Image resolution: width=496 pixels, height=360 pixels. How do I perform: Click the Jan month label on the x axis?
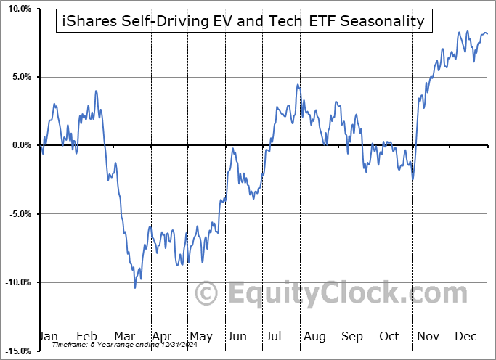click(x=47, y=337)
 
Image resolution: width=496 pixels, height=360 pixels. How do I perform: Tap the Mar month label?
click(x=125, y=337)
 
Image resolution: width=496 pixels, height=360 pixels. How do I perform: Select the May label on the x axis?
click(x=201, y=337)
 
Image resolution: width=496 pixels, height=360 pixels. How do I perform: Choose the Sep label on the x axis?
click(x=352, y=337)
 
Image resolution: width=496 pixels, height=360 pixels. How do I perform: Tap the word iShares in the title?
click(x=86, y=21)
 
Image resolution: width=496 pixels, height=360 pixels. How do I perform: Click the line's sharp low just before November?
click(x=412, y=179)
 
